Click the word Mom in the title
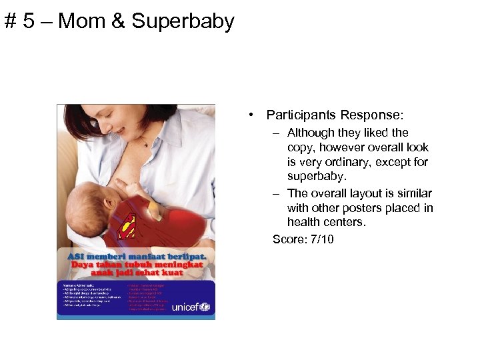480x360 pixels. coord(84,21)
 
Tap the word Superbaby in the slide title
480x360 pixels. coord(183,21)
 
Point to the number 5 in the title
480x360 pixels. coord(28,21)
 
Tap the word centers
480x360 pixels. coord(346,223)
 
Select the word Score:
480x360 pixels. coord(288,239)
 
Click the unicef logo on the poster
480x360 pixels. coord(190,307)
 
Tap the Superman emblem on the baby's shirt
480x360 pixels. coord(127,227)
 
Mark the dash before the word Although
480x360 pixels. coord(275,133)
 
